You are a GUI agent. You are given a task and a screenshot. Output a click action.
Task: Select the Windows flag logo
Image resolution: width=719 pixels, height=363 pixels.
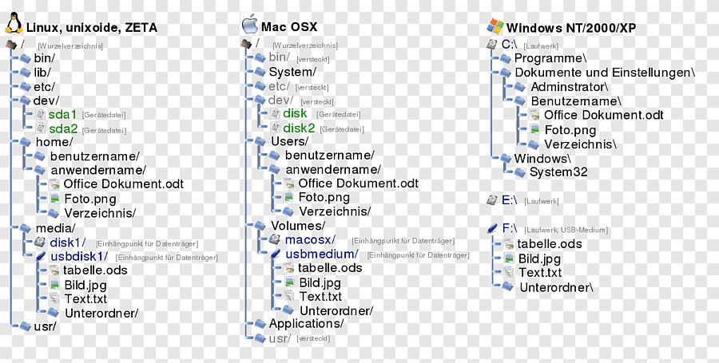[x=495, y=26]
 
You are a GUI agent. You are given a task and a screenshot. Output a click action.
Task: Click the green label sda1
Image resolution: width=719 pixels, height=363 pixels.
[x=63, y=114]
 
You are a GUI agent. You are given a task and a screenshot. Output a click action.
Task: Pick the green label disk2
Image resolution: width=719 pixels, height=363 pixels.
[x=300, y=128]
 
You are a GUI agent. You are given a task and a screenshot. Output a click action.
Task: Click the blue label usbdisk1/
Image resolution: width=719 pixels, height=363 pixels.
[x=79, y=256]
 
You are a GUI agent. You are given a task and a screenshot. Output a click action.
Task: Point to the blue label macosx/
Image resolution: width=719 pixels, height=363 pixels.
[x=310, y=239]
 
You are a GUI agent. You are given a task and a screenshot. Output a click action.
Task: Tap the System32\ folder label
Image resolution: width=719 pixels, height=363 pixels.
[x=559, y=172]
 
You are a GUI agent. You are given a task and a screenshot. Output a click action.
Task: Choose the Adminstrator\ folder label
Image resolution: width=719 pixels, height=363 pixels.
[x=570, y=86]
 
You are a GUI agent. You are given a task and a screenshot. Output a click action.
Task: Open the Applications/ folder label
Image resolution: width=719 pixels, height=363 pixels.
[x=306, y=323]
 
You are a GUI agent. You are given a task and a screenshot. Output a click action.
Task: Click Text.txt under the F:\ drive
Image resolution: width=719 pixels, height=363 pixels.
[x=541, y=272]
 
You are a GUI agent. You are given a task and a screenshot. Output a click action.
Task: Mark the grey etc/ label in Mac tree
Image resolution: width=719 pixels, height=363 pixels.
[x=279, y=86]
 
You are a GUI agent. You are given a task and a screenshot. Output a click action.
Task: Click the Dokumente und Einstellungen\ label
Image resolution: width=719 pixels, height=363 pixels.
[x=605, y=72]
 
